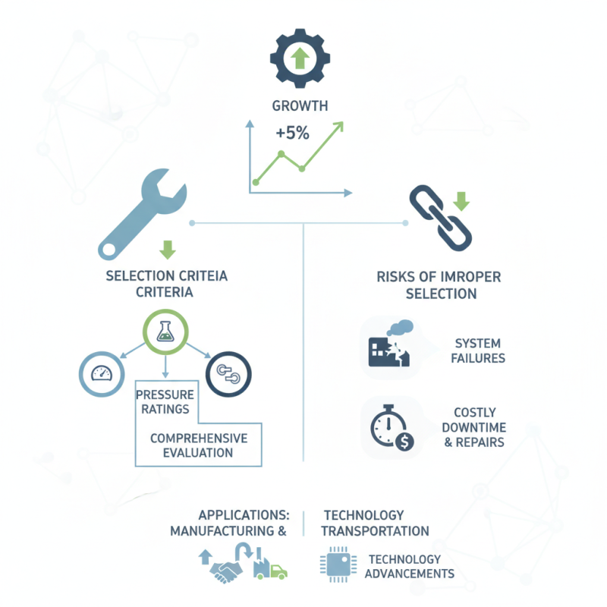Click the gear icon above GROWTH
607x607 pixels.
click(x=300, y=58)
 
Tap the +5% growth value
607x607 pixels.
click(x=292, y=134)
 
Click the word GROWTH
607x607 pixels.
click(x=300, y=105)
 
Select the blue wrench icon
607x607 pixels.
click(x=142, y=214)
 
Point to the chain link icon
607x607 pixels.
click(x=441, y=218)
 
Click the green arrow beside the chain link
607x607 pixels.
click(x=461, y=201)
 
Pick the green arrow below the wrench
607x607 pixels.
click(x=168, y=250)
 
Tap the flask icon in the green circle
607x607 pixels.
click(x=165, y=332)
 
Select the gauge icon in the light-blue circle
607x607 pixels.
click(x=102, y=374)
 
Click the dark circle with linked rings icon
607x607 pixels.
click(x=228, y=374)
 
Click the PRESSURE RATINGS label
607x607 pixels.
click(x=165, y=402)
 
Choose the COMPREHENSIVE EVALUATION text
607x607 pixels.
click(x=199, y=445)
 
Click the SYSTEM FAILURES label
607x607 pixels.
click(x=478, y=351)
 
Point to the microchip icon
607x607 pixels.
click(x=338, y=565)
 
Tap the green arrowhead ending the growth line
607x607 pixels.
click(x=338, y=127)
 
